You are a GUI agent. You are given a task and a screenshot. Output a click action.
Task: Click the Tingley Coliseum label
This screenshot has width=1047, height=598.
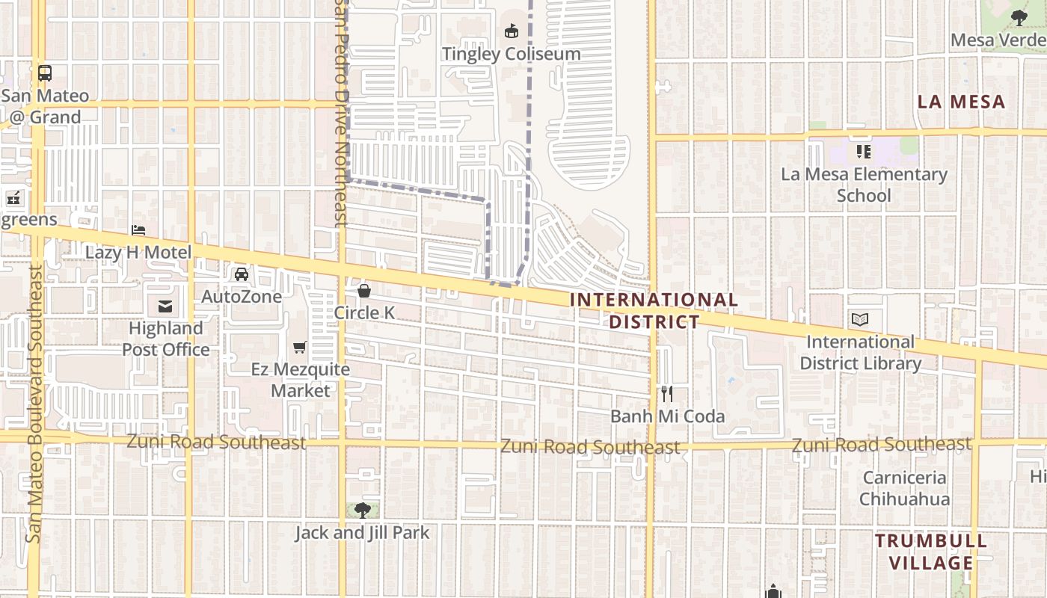(511, 54)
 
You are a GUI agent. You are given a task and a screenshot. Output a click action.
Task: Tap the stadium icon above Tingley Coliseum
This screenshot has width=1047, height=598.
(512, 31)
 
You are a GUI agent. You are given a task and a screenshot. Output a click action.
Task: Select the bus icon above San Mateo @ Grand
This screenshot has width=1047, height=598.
(45, 73)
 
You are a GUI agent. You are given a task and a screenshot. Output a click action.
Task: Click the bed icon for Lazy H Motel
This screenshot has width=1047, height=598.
(138, 230)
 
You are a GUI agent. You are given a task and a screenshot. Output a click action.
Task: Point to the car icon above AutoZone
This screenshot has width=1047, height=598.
(242, 274)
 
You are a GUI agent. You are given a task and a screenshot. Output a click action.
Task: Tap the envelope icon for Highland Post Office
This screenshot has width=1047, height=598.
(165, 306)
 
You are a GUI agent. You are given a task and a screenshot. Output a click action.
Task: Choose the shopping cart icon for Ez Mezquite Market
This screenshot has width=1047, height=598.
(300, 347)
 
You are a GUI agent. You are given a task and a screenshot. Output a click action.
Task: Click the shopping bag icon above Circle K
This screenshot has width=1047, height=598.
(364, 291)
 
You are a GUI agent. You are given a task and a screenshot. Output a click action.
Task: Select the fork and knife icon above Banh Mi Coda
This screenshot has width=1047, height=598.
(667, 394)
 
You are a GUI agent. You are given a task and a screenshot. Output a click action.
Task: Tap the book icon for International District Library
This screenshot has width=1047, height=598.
(860, 320)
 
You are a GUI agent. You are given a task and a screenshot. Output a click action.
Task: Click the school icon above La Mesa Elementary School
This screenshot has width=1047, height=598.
(864, 152)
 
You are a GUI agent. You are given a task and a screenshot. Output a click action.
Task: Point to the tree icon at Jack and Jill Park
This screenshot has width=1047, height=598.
(363, 511)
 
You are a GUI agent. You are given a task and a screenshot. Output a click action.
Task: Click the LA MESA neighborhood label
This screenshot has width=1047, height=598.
(961, 102)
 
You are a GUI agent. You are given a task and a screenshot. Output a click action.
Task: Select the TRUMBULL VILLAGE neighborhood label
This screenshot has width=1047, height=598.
(931, 552)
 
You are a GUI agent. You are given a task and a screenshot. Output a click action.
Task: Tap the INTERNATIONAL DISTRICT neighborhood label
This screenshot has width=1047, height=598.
(654, 311)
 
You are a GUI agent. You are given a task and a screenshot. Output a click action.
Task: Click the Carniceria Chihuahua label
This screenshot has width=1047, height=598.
(904, 488)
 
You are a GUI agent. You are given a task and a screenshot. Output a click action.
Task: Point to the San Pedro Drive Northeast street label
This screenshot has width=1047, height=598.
(341, 112)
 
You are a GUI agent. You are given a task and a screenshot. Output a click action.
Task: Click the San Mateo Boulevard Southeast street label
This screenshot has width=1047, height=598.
(34, 404)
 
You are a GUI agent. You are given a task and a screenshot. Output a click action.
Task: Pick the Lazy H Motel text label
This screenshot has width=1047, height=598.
(138, 253)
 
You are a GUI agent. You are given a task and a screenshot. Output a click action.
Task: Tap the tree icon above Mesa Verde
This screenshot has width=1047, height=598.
(1019, 18)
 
